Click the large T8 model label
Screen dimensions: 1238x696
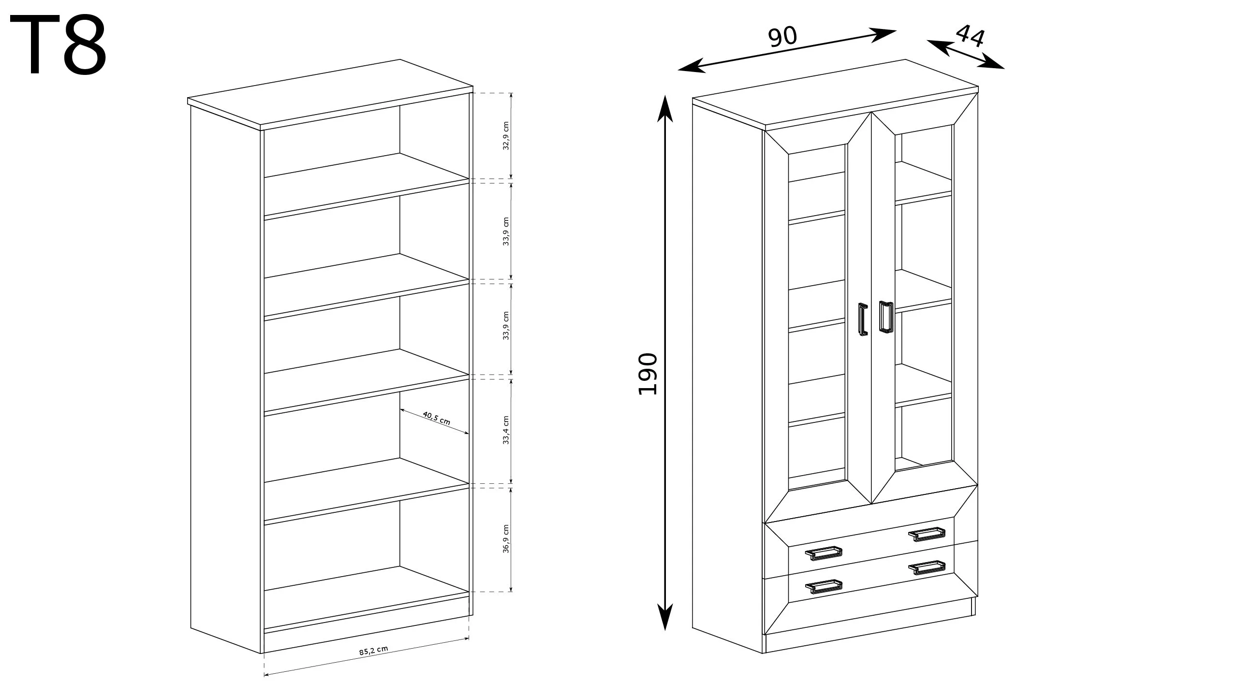pyautogui.click(x=58, y=45)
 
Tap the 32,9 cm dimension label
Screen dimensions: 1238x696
pyautogui.click(x=506, y=136)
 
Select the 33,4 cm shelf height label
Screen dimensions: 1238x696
pyautogui.click(x=506, y=430)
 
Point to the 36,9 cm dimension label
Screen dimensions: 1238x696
pyautogui.click(x=506, y=538)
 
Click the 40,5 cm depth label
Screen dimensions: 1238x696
pyautogui.click(x=436, y=418)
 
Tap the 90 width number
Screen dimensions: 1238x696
pyautogui.click(x=782, y=36)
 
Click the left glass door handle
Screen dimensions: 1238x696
pyautogui.click(x=863, y=319)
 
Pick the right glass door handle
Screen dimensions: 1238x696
pyautogui.click(x=885, y=317)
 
